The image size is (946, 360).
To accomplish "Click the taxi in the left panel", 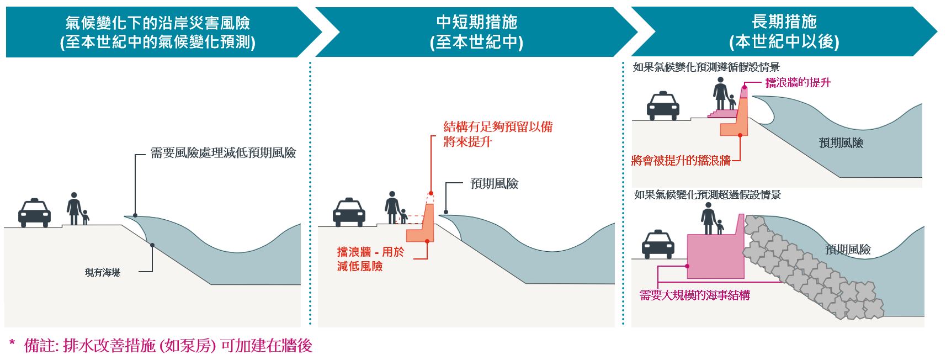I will (x=35, y=213).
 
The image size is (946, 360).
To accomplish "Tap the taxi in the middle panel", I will (x=349, y=212).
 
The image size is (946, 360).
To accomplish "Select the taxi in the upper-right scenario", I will (x=663, y=106).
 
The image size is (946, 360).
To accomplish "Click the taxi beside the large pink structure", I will (x=658, y=245).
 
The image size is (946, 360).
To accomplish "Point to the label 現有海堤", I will (x=103, y=272).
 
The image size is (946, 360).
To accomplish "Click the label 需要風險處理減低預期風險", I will (x=223, y=153).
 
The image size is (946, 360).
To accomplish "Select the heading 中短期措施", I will (x=476, y=22).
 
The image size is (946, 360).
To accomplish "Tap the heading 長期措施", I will (x=784, y=22).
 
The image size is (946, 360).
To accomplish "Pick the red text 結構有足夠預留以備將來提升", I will (x=497, y=134).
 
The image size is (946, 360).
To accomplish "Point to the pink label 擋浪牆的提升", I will (x=798, y=83).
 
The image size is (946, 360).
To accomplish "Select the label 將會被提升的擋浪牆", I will (x=681, y=161).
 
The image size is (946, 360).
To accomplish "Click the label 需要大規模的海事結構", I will (x=694, y=295).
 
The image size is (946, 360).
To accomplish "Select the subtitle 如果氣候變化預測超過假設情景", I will (x=708, y=195).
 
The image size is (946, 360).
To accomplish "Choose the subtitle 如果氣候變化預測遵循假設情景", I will (x=706, y=67).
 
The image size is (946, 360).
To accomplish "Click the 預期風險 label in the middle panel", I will (x=494, y=184).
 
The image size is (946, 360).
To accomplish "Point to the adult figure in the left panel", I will (x=73, y=208).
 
